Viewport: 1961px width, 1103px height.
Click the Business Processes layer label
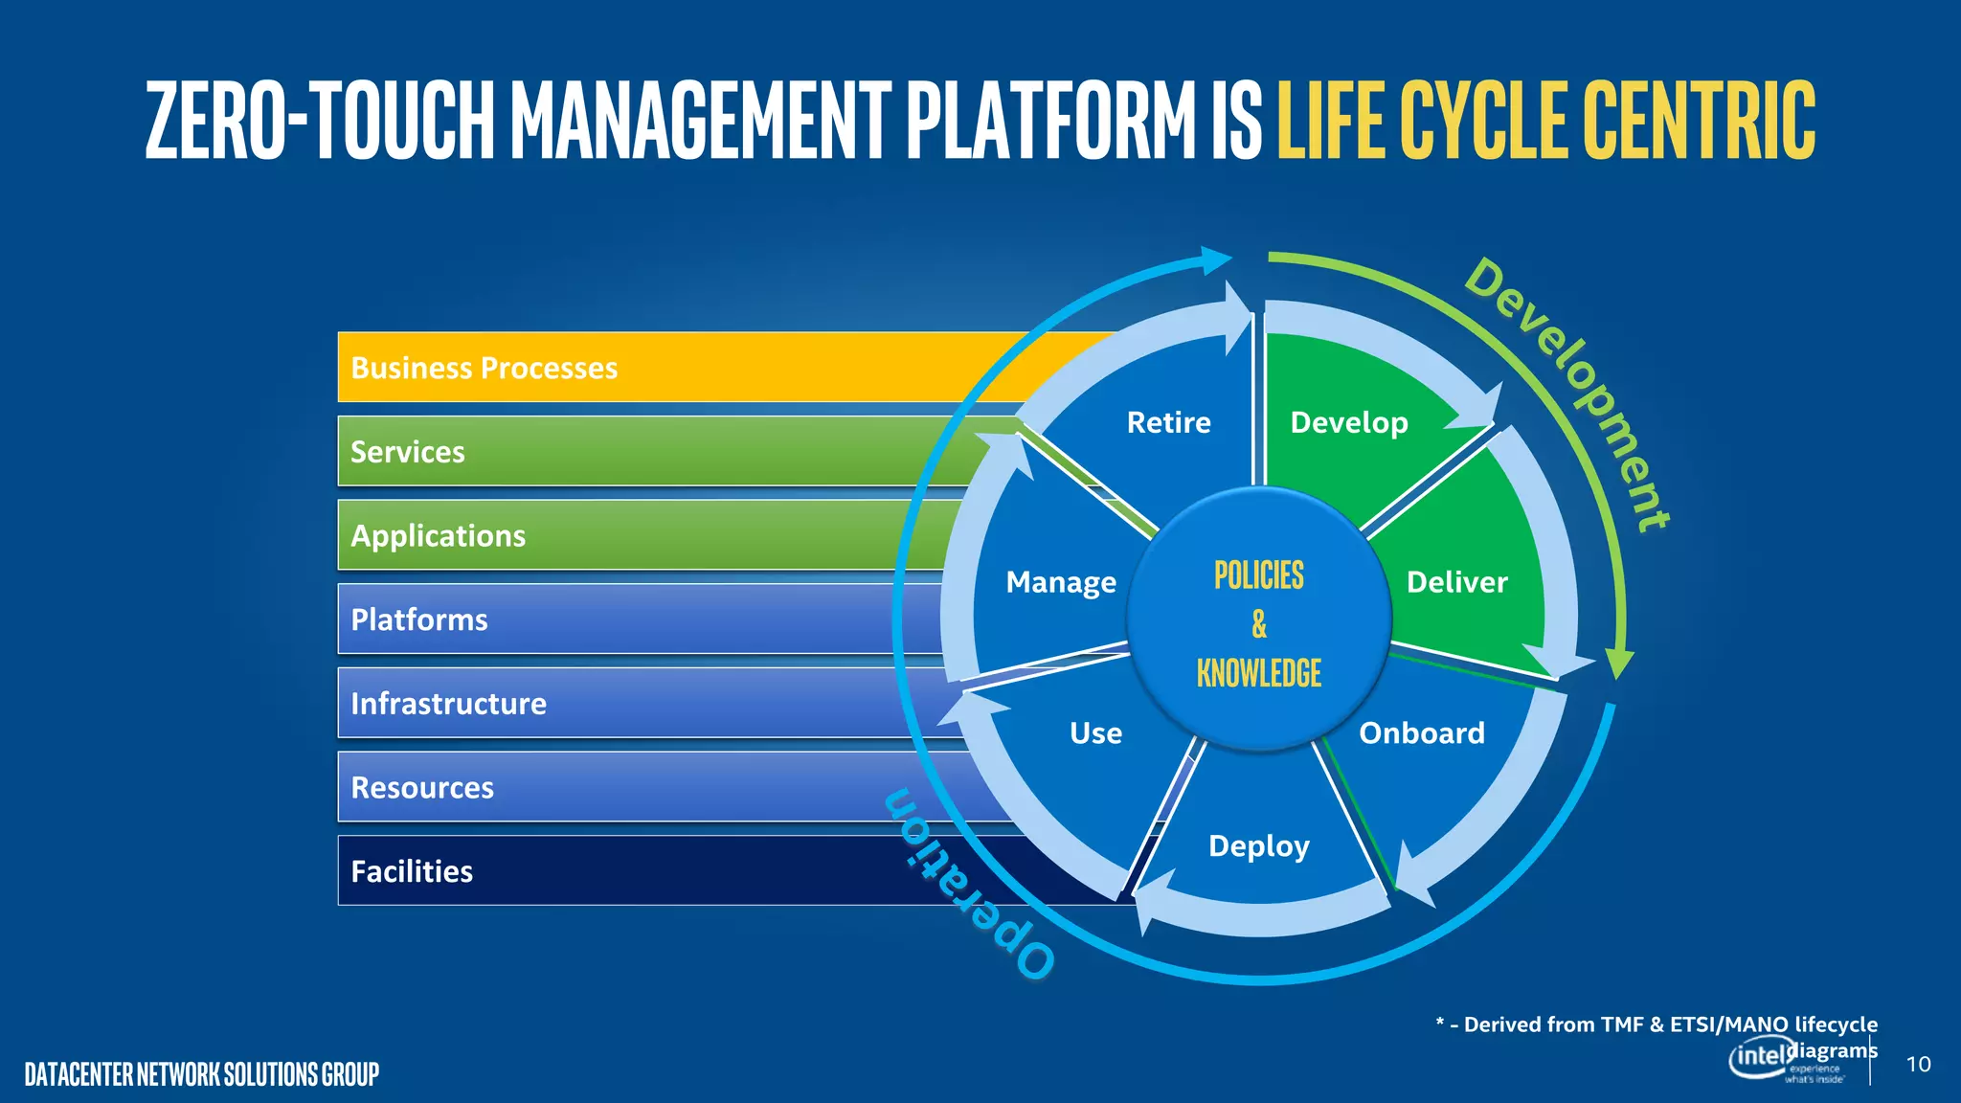(484, 369)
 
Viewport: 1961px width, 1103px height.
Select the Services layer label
(408, 452)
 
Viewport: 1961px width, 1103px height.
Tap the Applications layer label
(439, 536)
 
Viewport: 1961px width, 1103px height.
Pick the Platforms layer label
(419, 619)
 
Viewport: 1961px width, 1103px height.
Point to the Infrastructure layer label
(448, 704)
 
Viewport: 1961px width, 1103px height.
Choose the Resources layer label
(422, 788)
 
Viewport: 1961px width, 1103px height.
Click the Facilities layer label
(412, 871)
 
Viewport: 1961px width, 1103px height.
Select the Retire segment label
(1168, 422)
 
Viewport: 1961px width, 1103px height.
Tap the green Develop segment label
(1349, 422)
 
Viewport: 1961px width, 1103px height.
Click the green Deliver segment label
(1456, 582)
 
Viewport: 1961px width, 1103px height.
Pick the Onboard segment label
(1422, 733)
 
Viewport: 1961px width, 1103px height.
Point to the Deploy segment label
(1259, 846)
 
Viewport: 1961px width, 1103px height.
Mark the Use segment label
(1095, 733)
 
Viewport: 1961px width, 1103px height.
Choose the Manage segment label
(1061, 582)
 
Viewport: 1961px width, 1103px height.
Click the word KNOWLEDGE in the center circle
(1259, 673)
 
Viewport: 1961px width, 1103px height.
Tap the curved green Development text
(1570, 393)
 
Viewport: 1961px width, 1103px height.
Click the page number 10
(1918, 1065)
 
